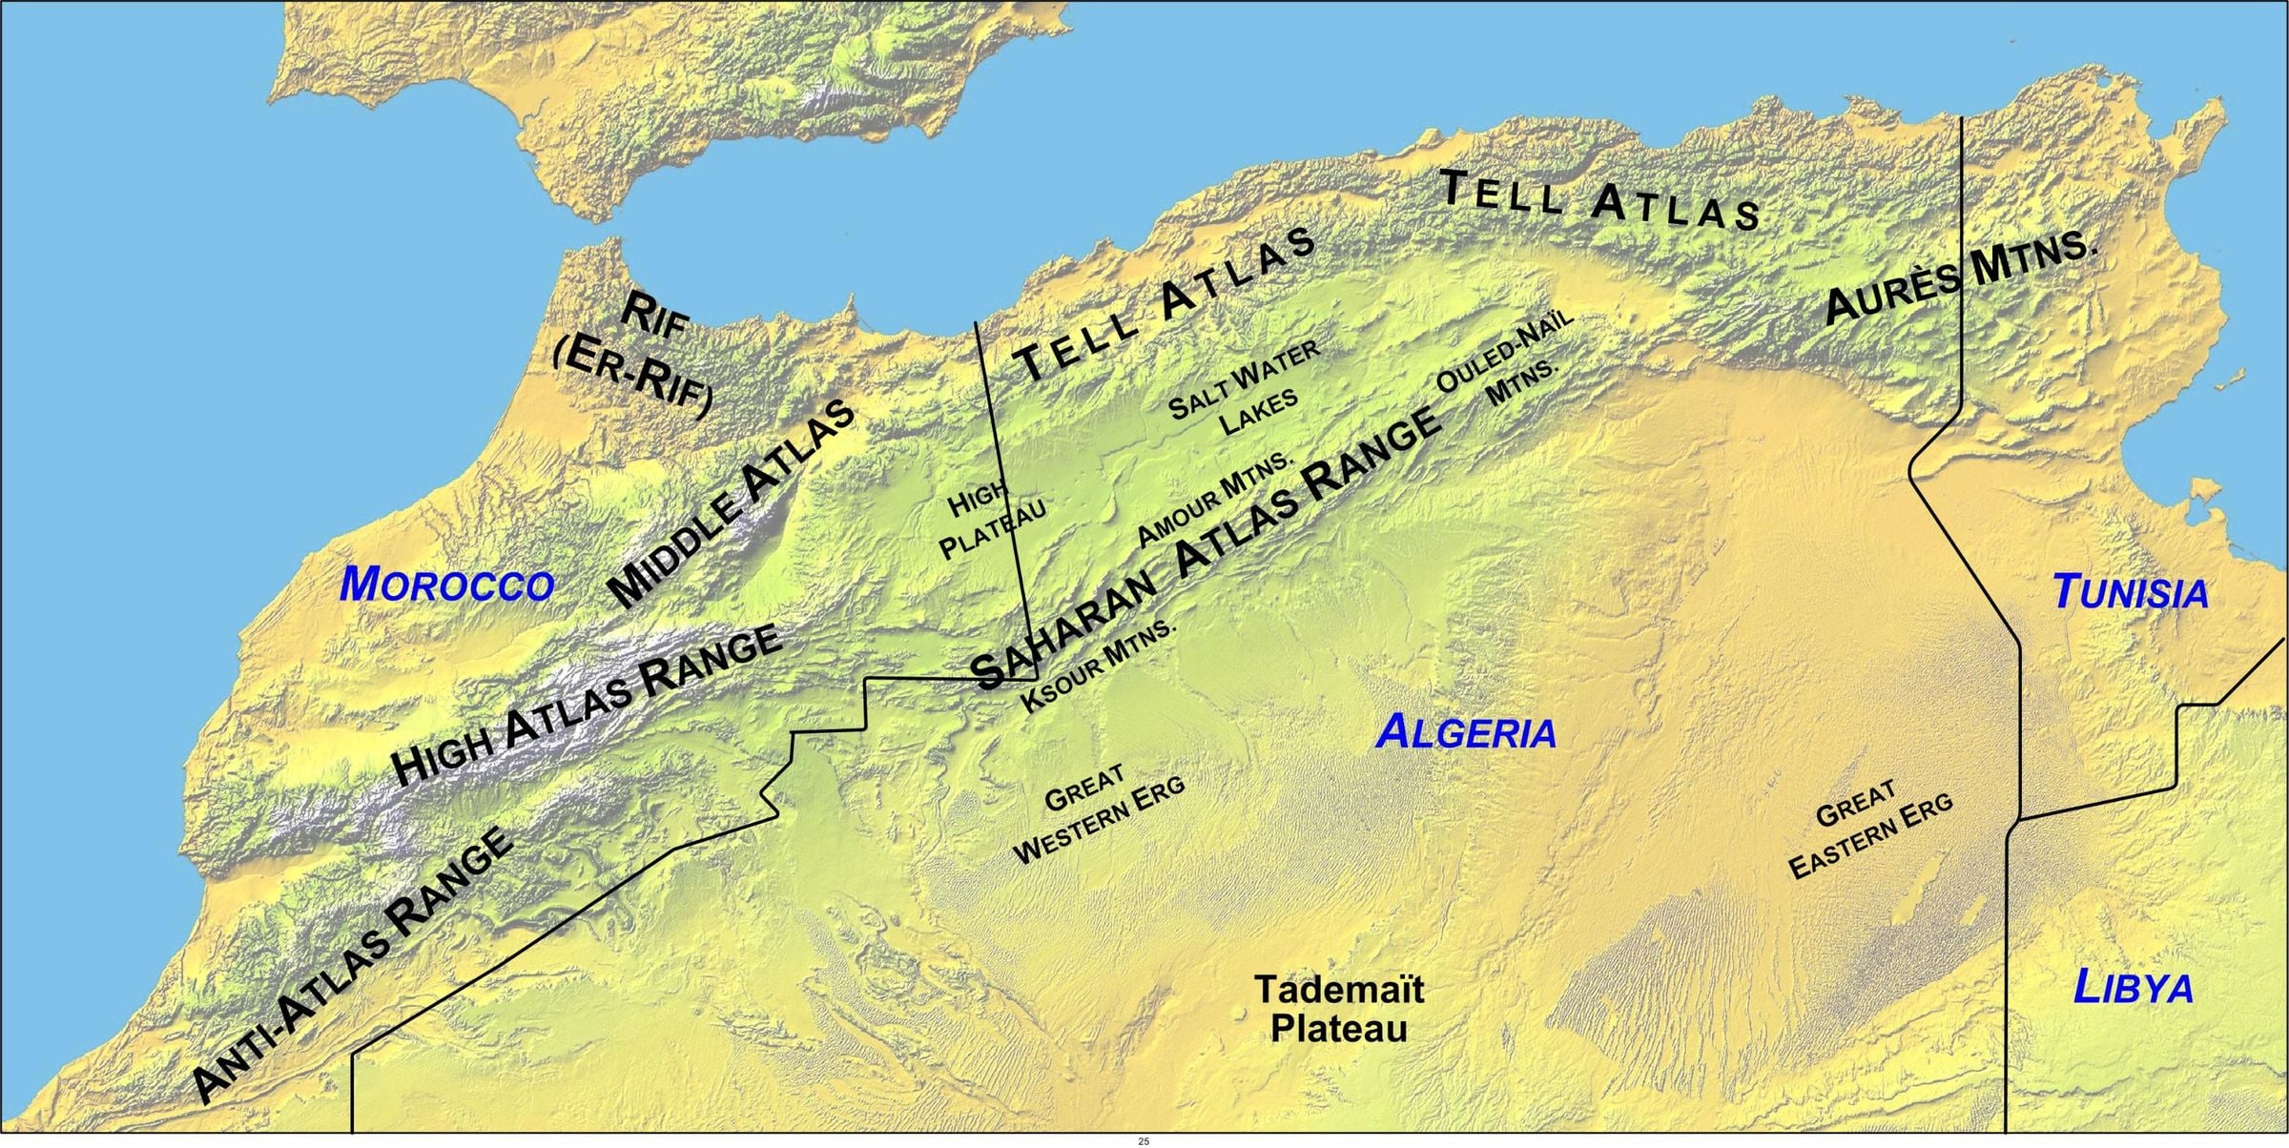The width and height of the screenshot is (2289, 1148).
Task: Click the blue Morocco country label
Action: click(x=446, y=584)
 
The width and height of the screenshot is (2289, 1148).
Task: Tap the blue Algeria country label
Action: click(x=1467, y=732)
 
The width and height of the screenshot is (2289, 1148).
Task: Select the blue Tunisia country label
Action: click(x=2131, y=592)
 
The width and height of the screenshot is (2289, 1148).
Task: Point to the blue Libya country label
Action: click(x=2134, y=987)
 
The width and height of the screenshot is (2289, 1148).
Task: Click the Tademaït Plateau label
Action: click(x=1339, y=1009)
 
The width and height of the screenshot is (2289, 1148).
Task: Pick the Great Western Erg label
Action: click(x=1099, y=813)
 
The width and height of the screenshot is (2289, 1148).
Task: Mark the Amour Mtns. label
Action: click(x=1215, y=498)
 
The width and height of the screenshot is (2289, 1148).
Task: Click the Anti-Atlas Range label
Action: click(x=353, y=964)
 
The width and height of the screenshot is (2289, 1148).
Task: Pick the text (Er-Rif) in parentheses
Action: click(x=631, y=379)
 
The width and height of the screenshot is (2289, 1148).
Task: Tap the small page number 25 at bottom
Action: click(x=1144, y=1141)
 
